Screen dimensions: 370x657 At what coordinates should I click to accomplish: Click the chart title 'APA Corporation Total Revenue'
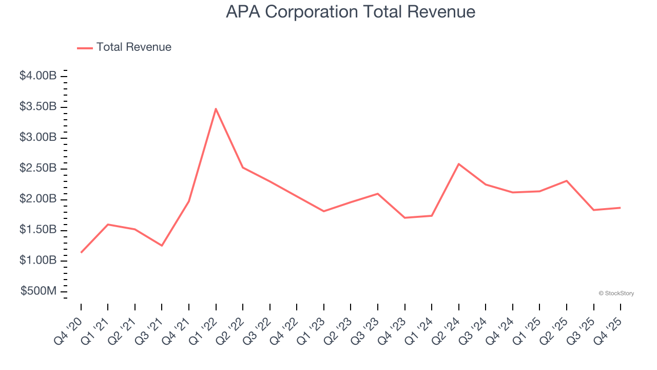coord(351,12)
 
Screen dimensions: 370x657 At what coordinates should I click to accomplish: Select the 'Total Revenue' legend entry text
coord(133,47)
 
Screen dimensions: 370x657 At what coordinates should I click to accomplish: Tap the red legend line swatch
coord(85,48)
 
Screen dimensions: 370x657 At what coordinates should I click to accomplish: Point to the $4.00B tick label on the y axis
coord(38,76)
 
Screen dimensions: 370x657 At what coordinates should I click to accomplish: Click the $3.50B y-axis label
coord(38,107)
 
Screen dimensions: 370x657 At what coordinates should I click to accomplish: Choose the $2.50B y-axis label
coord(38,169)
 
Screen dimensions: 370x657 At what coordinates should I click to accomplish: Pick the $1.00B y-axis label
coord(38,261)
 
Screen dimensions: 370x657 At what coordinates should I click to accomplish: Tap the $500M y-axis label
coord(38,291)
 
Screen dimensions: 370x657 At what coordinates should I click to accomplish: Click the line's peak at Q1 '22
coord(216,108)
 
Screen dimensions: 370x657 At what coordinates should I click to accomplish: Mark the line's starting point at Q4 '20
coord(81,252)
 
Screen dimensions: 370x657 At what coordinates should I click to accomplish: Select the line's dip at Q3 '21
coord(162,246)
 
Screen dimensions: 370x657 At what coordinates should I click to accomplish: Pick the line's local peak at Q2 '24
coord(458,164)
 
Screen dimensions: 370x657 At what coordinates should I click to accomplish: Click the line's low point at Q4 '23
coord(404,218)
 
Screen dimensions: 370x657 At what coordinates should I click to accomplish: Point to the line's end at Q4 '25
coord(620,208)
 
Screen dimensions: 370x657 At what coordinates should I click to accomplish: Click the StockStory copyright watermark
coord(616,293)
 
